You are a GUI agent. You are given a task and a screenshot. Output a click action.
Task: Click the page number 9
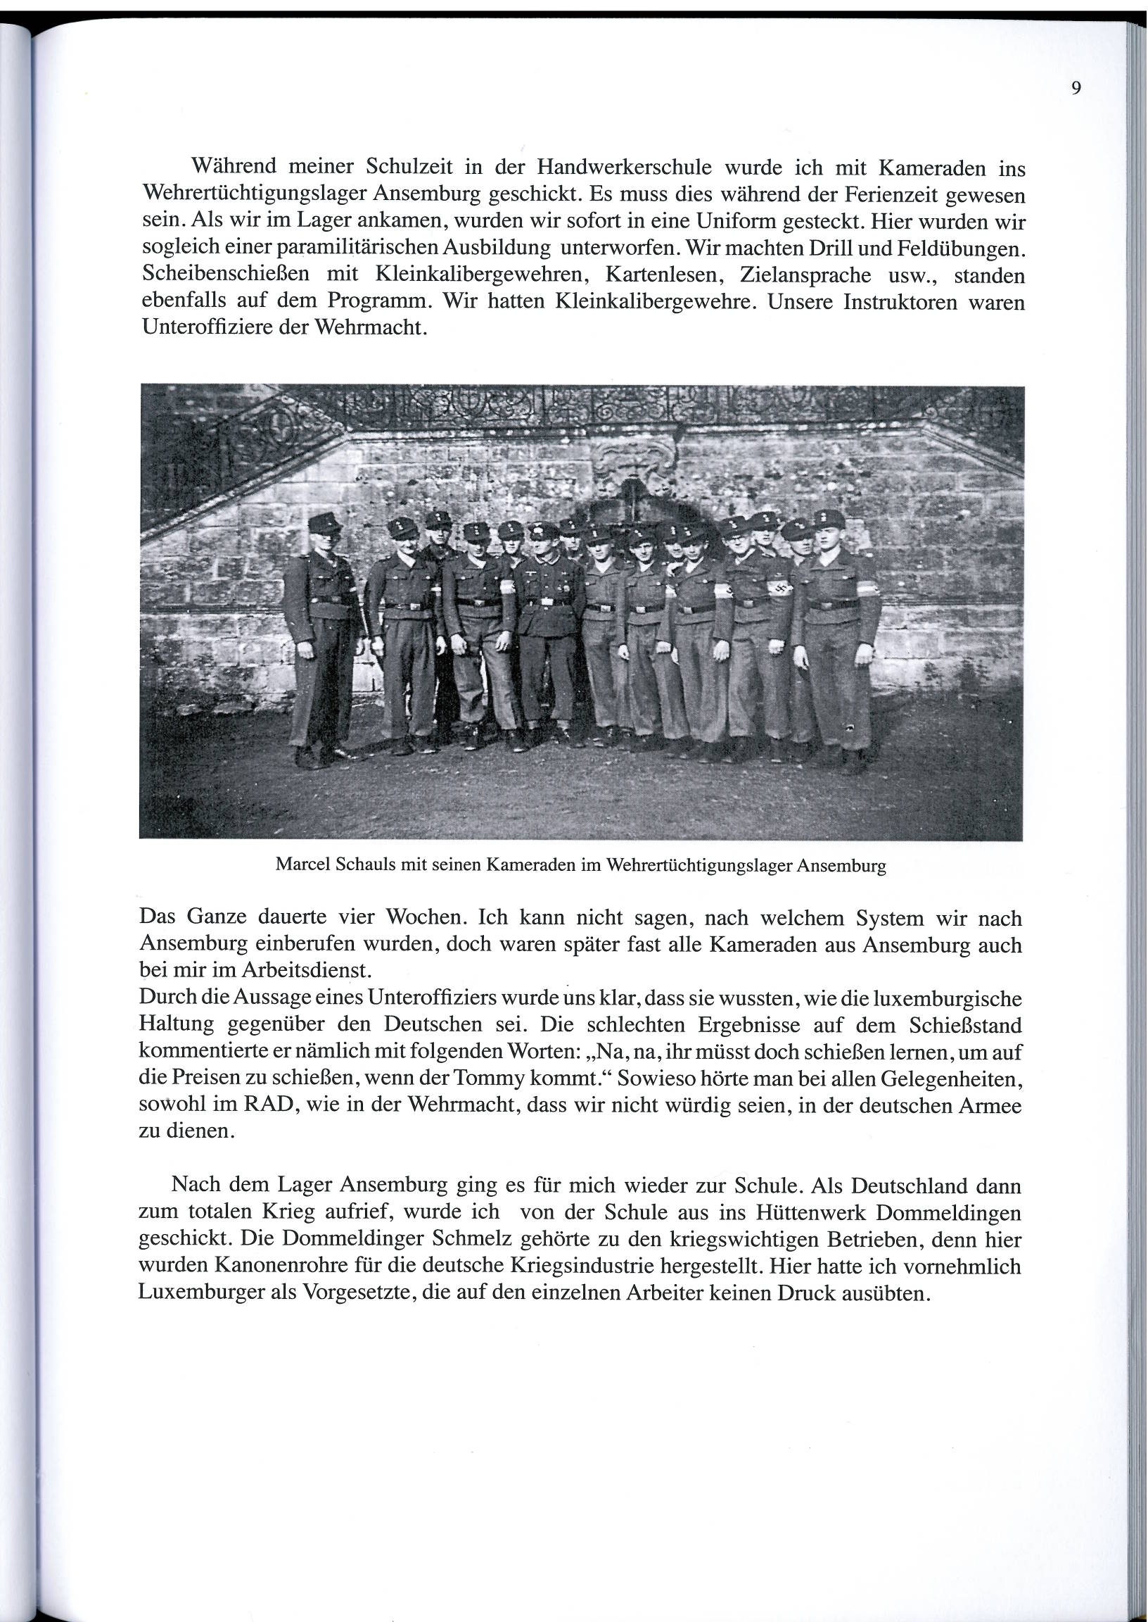(1076, 89)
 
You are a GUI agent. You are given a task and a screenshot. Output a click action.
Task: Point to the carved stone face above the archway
(633, 460)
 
